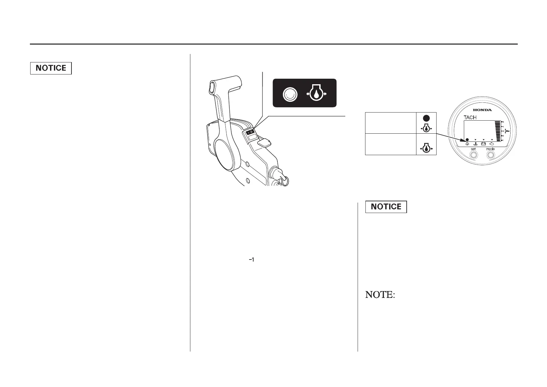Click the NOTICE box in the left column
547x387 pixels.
51,68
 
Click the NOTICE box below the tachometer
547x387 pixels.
386,207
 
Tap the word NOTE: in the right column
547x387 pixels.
380,295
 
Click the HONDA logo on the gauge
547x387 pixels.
482,110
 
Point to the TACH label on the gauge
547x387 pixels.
470,117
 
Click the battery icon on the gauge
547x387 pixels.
483,143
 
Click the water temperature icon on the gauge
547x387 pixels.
475,143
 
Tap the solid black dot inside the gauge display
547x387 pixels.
467,139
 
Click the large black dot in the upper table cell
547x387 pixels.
426,118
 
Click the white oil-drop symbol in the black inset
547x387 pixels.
316,94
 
